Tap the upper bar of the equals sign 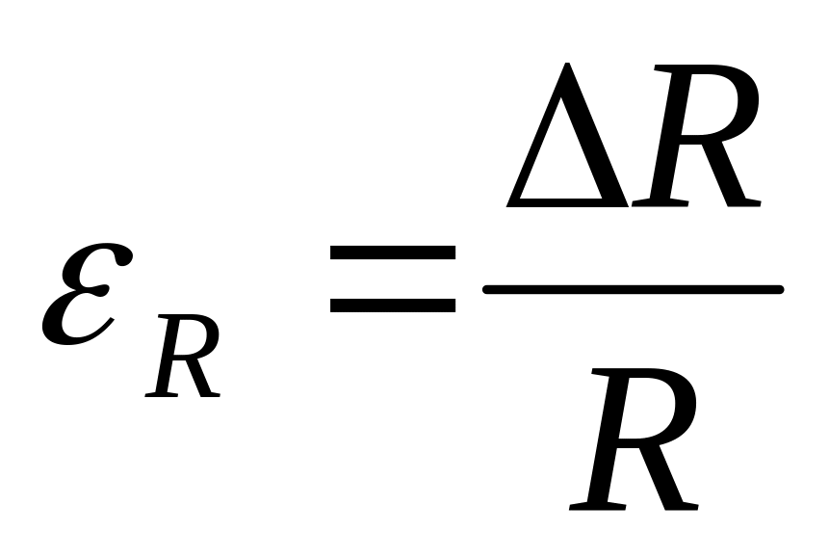point(392,253)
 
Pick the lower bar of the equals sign point(392,305)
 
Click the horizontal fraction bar point(633,289)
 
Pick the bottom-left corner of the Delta point(510,203)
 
